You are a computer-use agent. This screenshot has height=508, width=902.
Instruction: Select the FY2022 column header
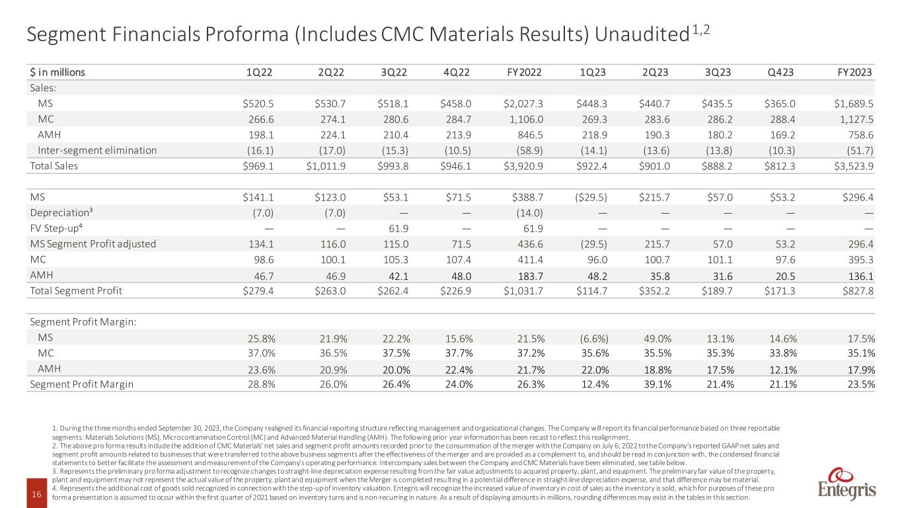pyautogui.click(x=526, y=72)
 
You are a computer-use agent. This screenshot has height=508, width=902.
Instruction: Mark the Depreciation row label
pyautogui.click(x=60, y=212)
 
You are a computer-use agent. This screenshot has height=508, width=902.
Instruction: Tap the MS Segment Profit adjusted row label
pyautogui.click(x=93, y=243)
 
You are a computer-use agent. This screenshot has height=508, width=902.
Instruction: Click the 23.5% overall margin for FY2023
pyautogui.click(x=860, y=384)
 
